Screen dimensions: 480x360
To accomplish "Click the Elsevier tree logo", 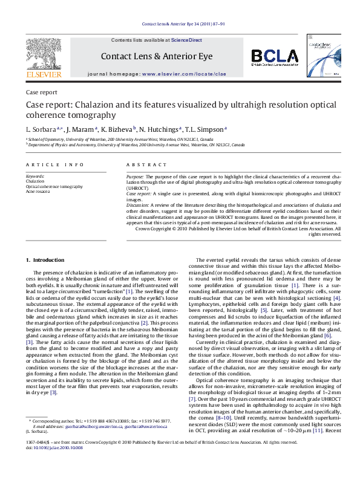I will pyautogui.click(x=44, y=57).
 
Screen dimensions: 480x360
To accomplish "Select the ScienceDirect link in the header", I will pyautogui.click(x=186, y=41).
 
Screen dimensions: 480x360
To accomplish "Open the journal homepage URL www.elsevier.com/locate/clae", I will pyautogui.click(x=184, y=73).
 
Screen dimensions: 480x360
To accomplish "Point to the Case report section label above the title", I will pyautogui.click(x=42, y=92).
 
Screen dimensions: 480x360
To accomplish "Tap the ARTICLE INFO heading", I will pyautogui.click(x=55, y=164).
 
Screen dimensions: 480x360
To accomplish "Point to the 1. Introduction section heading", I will pyautogui.click(x=45, y=260).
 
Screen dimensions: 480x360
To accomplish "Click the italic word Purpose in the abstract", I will pyautogui.click(x=135, y=176).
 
